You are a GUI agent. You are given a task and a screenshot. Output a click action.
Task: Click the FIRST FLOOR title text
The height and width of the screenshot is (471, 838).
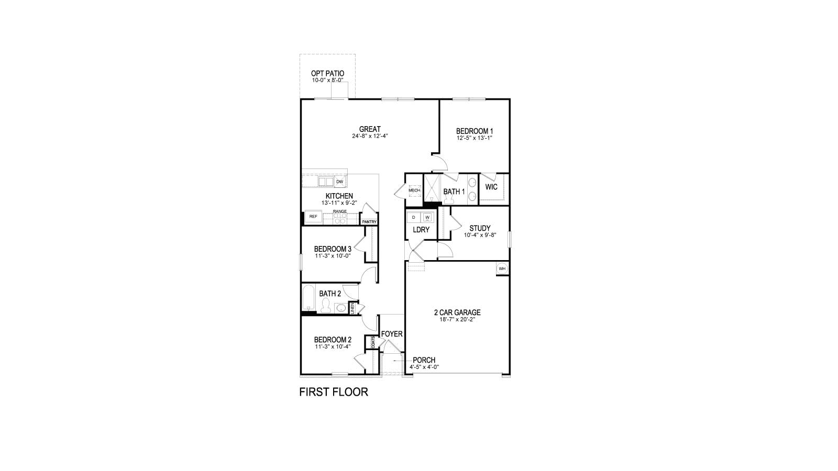coord(333,392)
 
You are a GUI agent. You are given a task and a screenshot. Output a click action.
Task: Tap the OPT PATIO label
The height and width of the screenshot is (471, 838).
coord(327,73)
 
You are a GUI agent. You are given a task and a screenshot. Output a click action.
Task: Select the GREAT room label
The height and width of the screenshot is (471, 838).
coord(370,129)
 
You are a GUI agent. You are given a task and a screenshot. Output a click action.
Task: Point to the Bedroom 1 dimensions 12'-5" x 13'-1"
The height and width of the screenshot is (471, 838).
coord(475,138)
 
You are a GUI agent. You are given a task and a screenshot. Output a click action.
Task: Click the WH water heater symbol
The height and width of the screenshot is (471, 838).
coord(502,268)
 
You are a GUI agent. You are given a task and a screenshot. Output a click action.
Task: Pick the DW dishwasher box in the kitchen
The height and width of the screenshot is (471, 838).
coord(339,182)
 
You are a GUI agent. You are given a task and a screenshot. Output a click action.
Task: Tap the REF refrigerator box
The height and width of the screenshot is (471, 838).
coord(313,216)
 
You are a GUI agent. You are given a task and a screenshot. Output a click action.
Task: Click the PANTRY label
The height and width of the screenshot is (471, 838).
coord(369,222)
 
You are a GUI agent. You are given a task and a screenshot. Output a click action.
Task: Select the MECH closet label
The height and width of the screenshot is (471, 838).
coord(414,190)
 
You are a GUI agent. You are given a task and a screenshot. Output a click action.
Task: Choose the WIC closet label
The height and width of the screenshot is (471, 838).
coord(491,187)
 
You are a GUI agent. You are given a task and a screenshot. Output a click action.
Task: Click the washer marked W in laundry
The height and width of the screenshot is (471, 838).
coord(427,217)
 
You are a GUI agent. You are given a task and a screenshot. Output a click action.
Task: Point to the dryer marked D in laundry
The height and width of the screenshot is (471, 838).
coord(414,217)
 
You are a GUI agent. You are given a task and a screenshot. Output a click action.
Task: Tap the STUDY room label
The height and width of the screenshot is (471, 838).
coord(480,228)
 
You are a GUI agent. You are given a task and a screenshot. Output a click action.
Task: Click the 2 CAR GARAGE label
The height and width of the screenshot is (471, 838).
coord(457,313)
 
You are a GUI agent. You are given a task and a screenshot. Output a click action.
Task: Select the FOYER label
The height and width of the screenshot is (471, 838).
coord(391,334)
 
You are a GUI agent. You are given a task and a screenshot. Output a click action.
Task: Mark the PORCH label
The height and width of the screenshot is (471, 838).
coord(424,360)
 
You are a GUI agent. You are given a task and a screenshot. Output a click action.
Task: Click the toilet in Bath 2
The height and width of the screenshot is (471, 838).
coord(325,306)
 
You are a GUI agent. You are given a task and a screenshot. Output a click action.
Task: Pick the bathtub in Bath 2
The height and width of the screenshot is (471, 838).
coord(308,299)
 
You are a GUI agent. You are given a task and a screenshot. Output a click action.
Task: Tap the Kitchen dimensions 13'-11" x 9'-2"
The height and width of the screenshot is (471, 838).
coord(339,203)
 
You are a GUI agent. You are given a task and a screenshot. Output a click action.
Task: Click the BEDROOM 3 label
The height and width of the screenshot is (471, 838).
coord(333,249)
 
